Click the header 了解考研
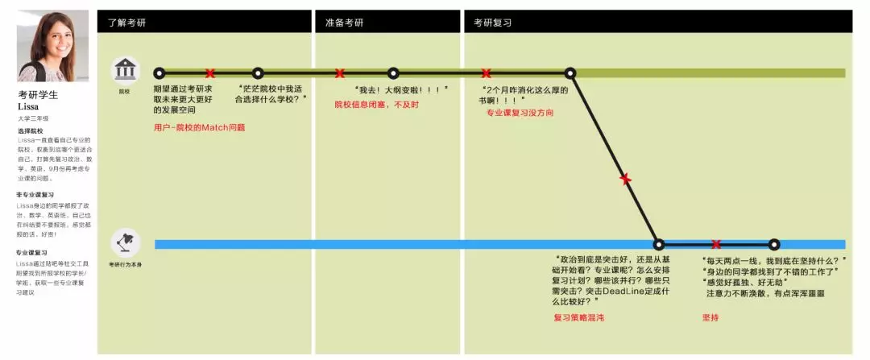click(126, 23)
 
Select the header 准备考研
click(344, 23)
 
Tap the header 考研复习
click(492, 23)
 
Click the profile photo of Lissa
click(52, 46)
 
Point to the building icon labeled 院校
click(125, 70)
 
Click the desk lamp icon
click(125, 241)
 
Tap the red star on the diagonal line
click(625, 179)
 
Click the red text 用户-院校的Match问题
click(199, 127)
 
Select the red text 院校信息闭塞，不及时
click(376, 105)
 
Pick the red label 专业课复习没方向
click(519, 113)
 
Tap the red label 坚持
click(711, 318)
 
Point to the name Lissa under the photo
click(28, 106)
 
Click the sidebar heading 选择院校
click(30, 130)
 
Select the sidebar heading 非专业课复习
click(35, 195)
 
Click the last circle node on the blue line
click(774, 244)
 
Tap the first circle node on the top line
click(159, 73)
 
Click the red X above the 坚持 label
click(715, 244)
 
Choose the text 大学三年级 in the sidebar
click(33, 118)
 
